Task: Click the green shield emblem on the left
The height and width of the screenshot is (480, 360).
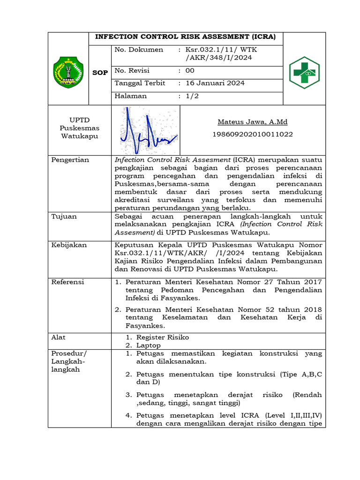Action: (x=68, y=72)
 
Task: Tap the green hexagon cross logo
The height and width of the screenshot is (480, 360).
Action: (x=304, y=72)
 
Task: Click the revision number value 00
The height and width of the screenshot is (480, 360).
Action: (x=189, y=71)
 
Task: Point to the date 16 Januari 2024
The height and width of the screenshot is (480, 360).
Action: (x=215, y=83)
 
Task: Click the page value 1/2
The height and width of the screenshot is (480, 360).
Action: (x=192, y=96)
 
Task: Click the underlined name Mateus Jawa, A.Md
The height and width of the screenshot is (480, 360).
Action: (x=252, y=122)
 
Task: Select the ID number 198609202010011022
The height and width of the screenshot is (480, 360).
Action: (x=252, y=134)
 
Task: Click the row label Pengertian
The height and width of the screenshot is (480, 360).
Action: (x=70, y=160)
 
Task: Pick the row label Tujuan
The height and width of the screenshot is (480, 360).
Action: (x=64, y=217)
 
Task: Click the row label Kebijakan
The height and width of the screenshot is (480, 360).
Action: (x=69, y=245)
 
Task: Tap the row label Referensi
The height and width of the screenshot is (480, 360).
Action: (x=68, y=282)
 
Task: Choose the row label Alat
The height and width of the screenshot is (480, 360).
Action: (x=59, y=337)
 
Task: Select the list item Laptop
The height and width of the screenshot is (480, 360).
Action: (x=148, y=345)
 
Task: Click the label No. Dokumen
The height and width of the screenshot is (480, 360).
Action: (x=139, y=50)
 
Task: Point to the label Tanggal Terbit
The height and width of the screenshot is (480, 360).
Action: (x=140, y=83)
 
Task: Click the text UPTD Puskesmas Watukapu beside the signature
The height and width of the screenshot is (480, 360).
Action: (x=79, y=127)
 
